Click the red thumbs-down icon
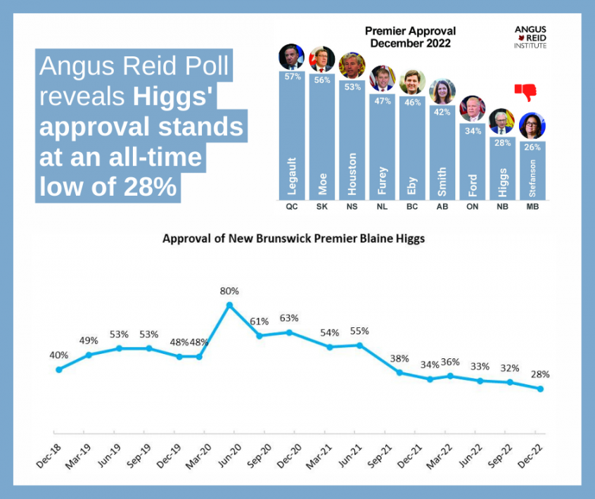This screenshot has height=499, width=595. pos(525,92)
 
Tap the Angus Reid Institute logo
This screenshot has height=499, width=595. pos(530,37)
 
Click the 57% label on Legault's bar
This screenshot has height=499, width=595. pos(291,77)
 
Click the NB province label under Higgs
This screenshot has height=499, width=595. pos(501,208)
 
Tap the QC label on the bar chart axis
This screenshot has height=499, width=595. pos(291,208)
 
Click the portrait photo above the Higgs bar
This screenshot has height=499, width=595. pos(501,121)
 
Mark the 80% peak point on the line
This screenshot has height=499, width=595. pos(229,305)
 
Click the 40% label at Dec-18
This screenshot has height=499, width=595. pos(59,355)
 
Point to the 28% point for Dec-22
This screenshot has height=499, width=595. pos(540,389)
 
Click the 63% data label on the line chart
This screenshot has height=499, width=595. pos(290,317)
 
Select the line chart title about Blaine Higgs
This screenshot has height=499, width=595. pos(293,238)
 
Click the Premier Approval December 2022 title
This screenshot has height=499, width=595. pos(411,37)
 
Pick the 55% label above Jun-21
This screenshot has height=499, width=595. pos(359,331)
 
